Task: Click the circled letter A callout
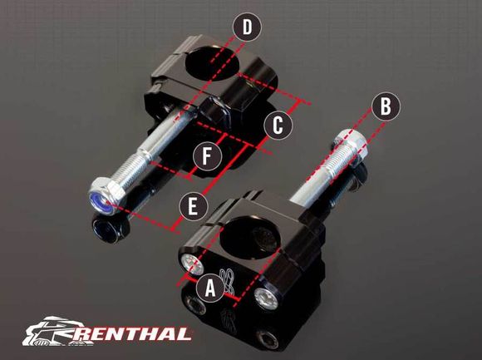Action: [211, 288]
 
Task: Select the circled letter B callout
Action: [383, 106]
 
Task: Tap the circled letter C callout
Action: [278, 126]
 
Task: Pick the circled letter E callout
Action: [193, 205]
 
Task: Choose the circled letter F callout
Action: [207, 155]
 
